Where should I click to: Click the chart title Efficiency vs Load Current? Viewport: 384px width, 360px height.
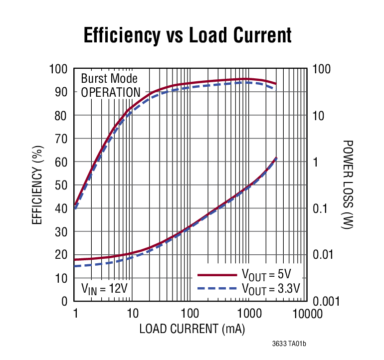coord(187,35)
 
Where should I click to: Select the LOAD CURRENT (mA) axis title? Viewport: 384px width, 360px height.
coord(192,329)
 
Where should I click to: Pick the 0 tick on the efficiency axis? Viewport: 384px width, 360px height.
coord(64,301)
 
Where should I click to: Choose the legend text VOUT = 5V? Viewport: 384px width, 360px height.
coord(267,275)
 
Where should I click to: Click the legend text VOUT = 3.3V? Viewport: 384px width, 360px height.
coord(271,289)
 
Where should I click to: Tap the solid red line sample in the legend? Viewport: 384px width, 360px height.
coord(216,275)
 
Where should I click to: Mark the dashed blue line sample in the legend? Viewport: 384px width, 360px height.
coord(216,289)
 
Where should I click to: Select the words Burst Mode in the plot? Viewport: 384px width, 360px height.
coord(109,79)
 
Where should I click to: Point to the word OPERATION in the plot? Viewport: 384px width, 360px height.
coord(111,93)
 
